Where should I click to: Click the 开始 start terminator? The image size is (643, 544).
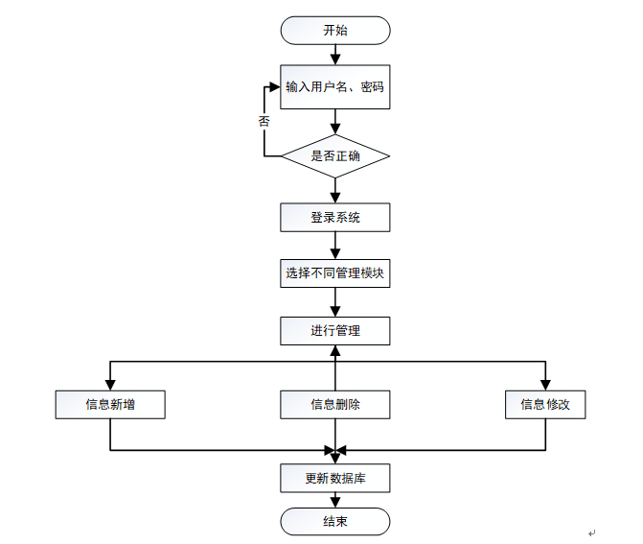[x=335, y=31]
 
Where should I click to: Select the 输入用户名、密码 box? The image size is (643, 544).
[x=335, y=87]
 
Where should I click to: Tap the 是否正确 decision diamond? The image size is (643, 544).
[x=335, y=156]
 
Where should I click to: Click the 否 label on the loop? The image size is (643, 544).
[x=264, y=121]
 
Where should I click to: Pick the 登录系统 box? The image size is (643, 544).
[x=335, y=217]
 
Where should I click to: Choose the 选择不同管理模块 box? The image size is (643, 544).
[x=335, y=273]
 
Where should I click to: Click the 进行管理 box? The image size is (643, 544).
[x=335, y=331]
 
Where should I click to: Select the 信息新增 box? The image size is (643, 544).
[x=110, y=405]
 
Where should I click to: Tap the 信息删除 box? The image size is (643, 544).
[x=335, y=405]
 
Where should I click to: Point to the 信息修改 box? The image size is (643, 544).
[x=545, y=405]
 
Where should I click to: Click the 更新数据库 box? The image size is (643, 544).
[x=335, y=479]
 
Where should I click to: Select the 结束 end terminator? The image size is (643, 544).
[x=335, y=521]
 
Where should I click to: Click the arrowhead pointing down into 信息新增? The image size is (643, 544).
[x=110, y=385]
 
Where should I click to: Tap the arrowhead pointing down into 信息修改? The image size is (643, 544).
[x=545, y=385]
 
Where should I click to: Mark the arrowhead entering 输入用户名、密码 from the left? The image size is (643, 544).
[x=275, y=87]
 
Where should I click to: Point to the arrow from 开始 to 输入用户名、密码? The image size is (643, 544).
[x=335, y=55]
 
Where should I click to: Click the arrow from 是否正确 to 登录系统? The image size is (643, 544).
[x=335, y=191]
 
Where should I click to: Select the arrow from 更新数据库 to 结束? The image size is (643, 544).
[x=335, y=500]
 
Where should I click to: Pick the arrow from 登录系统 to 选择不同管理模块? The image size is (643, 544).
[x=335, y=246]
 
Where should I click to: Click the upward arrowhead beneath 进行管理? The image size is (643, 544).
[x=335, y=350]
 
